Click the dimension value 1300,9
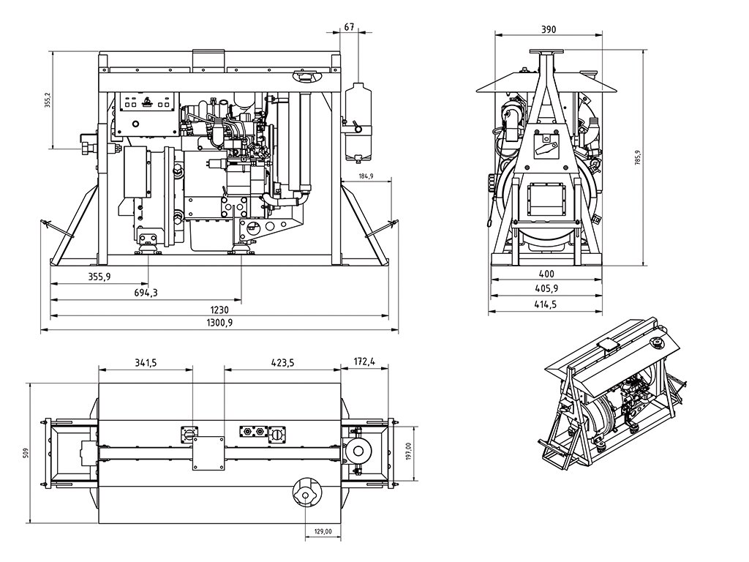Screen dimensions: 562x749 (x=219, y=323)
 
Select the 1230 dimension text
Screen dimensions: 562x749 (x=219, y=310)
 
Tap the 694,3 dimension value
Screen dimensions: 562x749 (x=146, y=293)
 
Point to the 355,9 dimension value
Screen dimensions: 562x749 (x=99, y=277)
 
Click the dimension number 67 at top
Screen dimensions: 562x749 (x=349, y=27)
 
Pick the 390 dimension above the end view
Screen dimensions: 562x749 (x=549, y=29)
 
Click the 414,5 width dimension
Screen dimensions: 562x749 (x=544, y=304)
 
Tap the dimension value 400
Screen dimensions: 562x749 (x=544, y=273)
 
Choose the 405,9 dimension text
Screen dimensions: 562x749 (x=544, y=288)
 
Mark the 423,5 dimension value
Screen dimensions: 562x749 (x=281, y=361)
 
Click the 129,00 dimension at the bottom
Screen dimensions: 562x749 (x=323, y=532)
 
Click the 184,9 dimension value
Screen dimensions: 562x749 (x=366, y=177)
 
